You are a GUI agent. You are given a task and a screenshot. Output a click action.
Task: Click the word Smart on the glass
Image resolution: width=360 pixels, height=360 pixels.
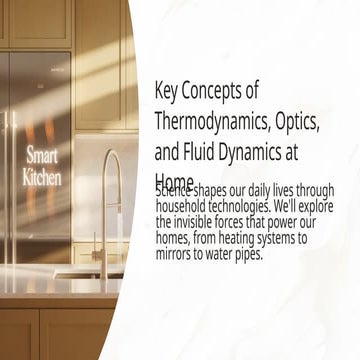point(42,156)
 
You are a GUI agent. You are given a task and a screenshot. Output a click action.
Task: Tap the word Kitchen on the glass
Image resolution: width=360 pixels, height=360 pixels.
point(42,177)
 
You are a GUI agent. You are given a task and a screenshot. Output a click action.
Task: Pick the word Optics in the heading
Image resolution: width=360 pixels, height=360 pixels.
point(296,123)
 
